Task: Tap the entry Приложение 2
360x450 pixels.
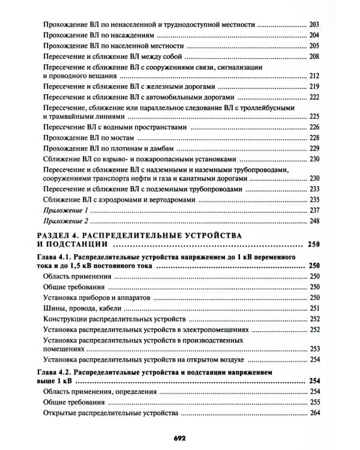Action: (x=67, y=221)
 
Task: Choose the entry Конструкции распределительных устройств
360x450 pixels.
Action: (x=116, y=319)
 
